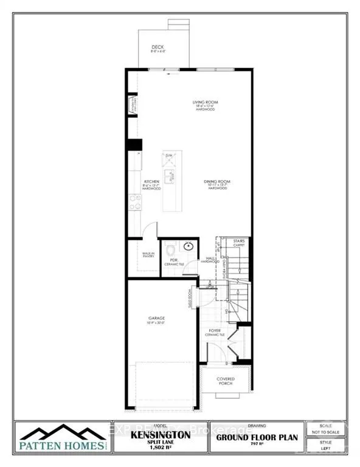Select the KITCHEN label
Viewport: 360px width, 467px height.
click(x=151, y=182)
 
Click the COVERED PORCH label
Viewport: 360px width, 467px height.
click(x=226, y=382)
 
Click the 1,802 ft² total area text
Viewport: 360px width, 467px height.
click(x=161, y=451)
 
